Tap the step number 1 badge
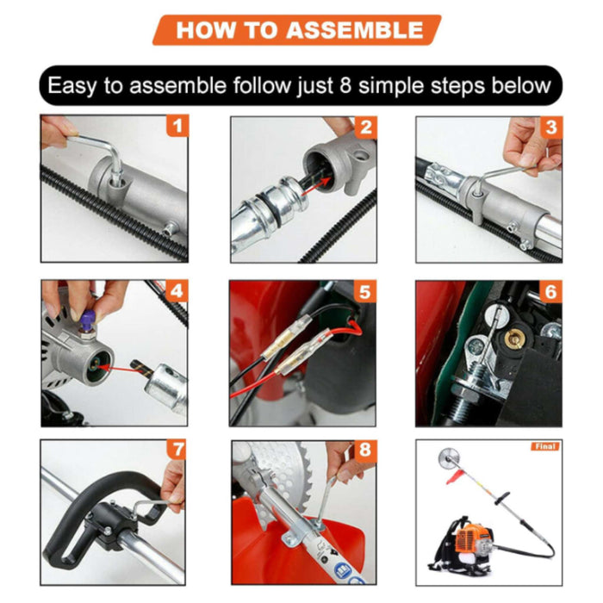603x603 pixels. point(177,127)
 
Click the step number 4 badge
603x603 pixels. point(177,290)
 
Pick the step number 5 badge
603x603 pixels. point(365,291)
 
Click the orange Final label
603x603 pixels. point(544,446)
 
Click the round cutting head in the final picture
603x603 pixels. point(446,465)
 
